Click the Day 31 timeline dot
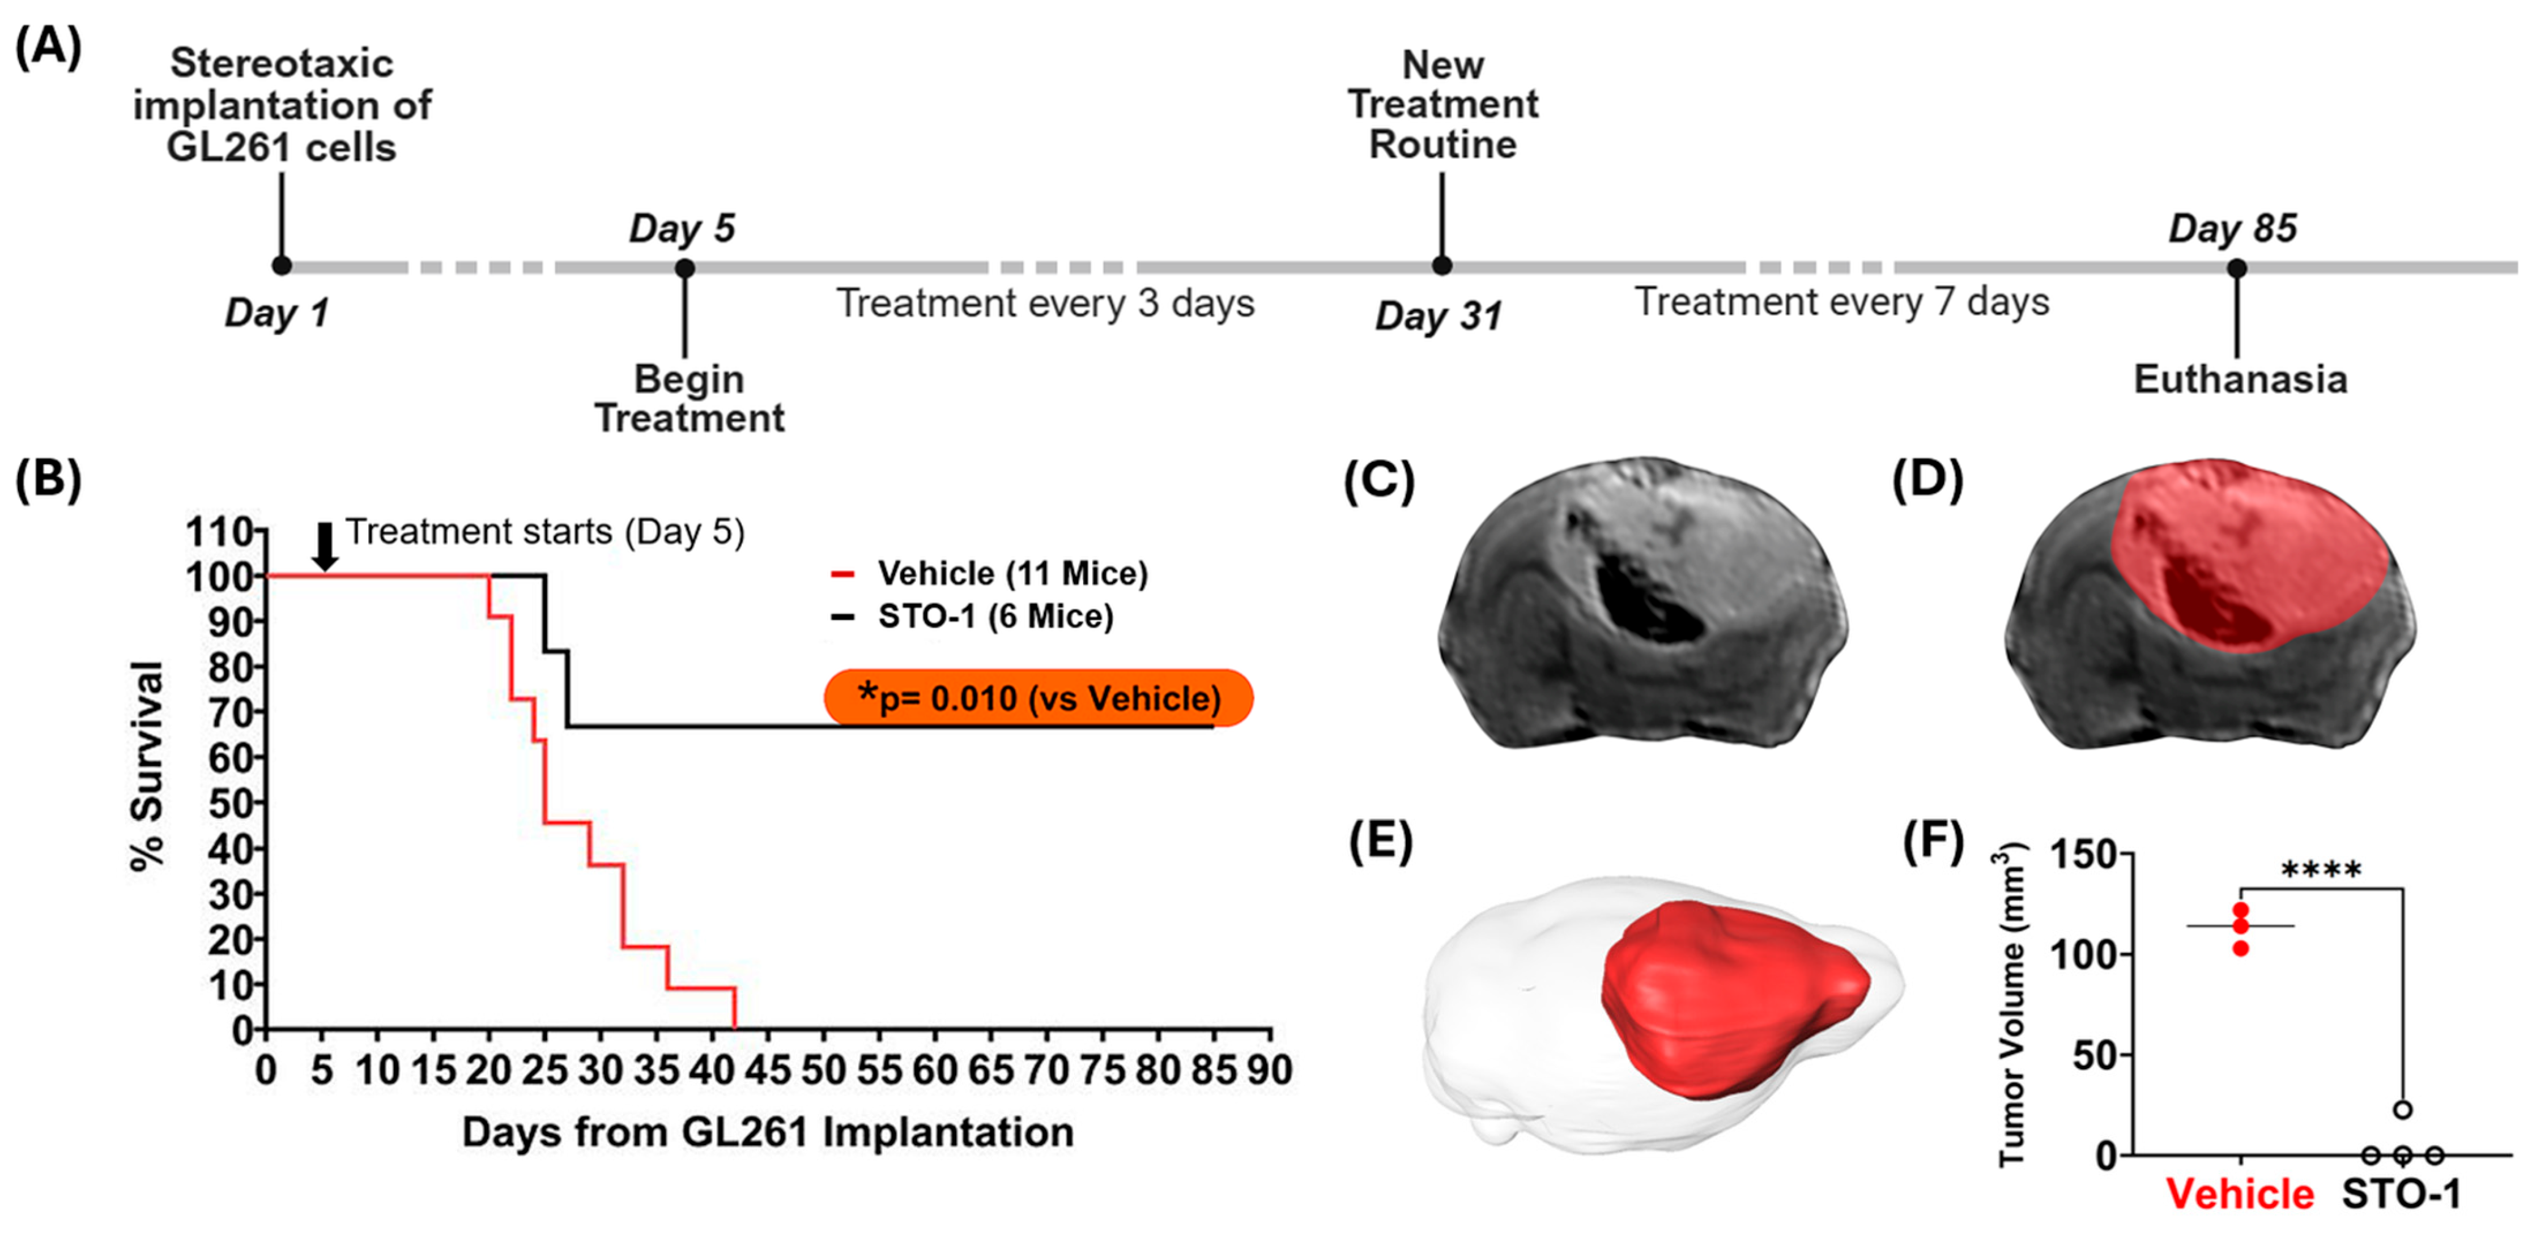(x=1441, y=266)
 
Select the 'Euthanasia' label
(x=2240, y=380)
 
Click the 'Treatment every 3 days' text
(x=1045, y=304)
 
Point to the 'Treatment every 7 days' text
(x=1842, y=302)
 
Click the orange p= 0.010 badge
(x=1038, y=698)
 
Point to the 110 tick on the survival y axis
(x=221, y=532)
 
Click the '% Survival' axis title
(x=148, y=765)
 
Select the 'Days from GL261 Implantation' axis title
(x=768, y=1133)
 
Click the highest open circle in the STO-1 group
(x=2403, y=1110)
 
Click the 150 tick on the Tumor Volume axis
(x=2081, y=854)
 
